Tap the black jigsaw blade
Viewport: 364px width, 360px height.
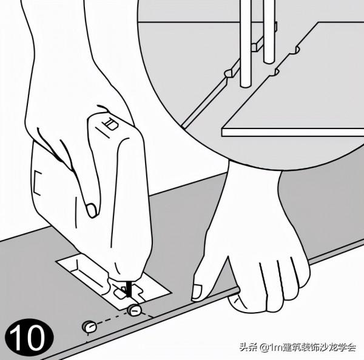click(x=128, y=287)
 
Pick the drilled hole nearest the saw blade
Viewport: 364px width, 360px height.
click(x=134, y=310)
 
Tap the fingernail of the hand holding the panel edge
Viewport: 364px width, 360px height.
click(x=197, y=292)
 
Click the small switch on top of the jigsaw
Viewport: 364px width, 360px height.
click(x=110, y=126)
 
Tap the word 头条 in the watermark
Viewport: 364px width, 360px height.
click(x=247, y=348)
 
